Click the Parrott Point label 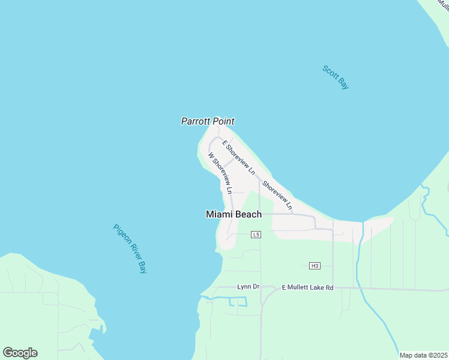point(208,121)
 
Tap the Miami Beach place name point(234,214)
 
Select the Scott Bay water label point(336,77)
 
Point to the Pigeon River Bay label point(130,248)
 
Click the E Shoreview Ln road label point(239,157)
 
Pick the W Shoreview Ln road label point(220,172)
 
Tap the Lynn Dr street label point(248,287)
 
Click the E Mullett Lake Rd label point(307,288)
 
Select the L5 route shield point(256,234)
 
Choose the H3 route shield point(315,265)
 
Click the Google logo point(20,353)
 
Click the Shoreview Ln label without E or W point(277,196)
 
